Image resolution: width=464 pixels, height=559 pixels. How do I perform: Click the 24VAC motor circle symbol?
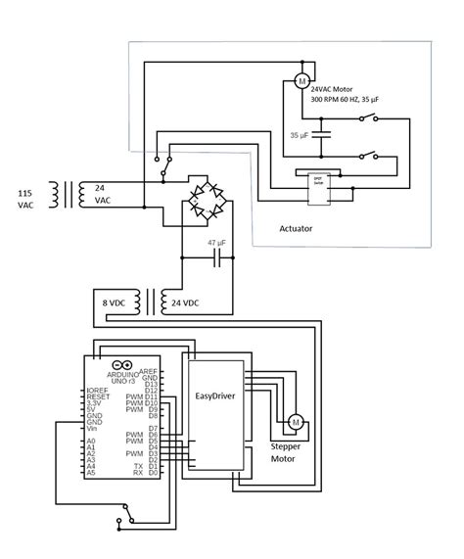302,78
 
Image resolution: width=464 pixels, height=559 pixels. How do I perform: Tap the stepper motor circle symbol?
294,422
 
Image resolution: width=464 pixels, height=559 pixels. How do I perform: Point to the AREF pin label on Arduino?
149,371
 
